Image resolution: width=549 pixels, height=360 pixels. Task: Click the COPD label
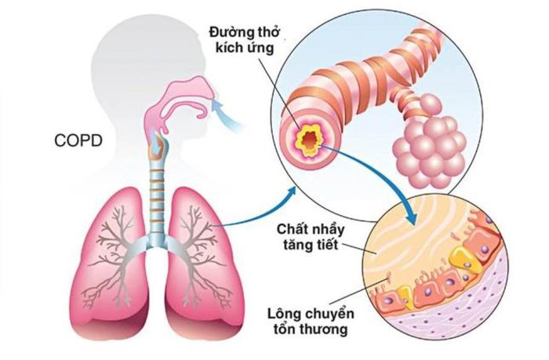78,140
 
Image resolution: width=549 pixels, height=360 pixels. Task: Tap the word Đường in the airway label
227,33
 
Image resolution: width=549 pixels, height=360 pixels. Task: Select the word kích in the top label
227,47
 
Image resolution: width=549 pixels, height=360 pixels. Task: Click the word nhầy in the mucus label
325,231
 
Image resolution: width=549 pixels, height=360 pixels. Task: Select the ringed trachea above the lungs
158,196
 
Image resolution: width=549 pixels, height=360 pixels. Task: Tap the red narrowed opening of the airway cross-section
309,140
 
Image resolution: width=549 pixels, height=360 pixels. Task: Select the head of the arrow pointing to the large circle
291,193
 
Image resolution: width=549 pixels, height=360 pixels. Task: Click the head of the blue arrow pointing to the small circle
409,217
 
